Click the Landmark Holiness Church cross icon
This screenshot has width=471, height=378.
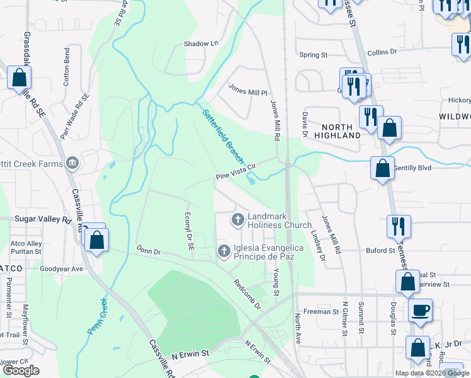(x=238, y=220)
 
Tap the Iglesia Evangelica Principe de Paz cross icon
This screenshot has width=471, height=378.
(x=224, y=251)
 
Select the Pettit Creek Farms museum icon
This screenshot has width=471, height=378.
(x=74, y=164)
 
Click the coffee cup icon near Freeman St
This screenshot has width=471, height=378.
(x=420, y=310)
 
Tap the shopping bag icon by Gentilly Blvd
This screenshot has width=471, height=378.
(x=382, y=168)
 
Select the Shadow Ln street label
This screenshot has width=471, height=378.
(x=200, y=44)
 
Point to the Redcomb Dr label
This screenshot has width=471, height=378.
(x=247, y=294)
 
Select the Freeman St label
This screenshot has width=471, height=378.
(x=321, y=311)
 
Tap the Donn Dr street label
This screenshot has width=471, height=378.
(x=149, y=251)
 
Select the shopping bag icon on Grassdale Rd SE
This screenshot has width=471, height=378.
(x=20, y=78)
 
